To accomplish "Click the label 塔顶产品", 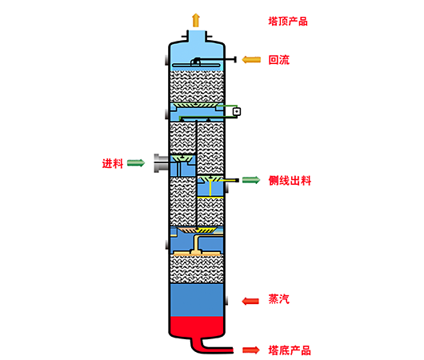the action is pos(288,22).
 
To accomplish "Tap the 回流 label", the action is pos(278,60).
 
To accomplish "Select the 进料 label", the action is pos(113,163).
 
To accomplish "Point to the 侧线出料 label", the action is pos(290,181).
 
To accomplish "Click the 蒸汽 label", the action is pos(278,299).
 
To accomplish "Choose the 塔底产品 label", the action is pos(290,350).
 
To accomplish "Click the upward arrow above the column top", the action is pos(196,20).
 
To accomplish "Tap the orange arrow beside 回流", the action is pos(251,59).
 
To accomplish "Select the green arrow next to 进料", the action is pos(136,163).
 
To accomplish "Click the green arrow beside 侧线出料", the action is pos(251,180).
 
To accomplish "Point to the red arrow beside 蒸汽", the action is pos(250,301).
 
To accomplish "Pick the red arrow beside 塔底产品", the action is pos(251,350).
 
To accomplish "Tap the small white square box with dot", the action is pos(237,111).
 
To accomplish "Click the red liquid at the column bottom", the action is pos(197,326).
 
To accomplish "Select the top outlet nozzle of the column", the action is pos(197,36).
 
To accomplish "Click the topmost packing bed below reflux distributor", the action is pos(197,86).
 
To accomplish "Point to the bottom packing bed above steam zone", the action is pos(197,269).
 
